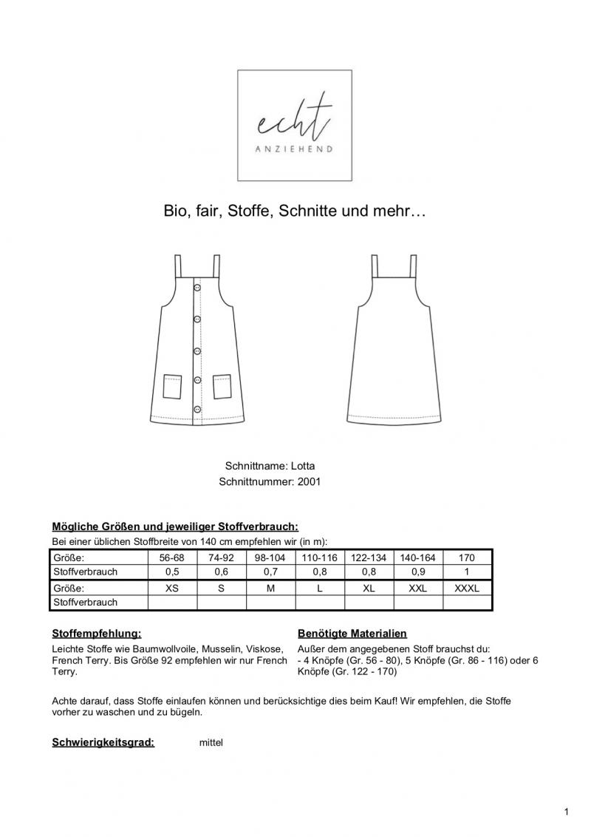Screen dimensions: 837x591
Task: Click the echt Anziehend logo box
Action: point(294,125)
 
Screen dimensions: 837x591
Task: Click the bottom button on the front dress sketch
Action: point(197,408)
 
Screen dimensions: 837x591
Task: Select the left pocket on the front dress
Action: point(172,387)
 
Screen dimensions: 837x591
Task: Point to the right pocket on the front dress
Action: point(222,387)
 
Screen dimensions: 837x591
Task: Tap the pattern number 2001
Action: point(309,482)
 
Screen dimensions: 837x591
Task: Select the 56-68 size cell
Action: point(172,558)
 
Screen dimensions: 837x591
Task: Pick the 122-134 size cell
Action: point(369,558)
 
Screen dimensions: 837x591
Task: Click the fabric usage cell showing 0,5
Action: point(172,572)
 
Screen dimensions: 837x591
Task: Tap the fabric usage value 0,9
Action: point(417,572)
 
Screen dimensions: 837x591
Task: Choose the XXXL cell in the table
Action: point(467,589)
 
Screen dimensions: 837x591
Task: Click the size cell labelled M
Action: point(270,589)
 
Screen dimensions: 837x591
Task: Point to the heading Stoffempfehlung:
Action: point(96,634)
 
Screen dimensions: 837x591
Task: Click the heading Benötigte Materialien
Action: point(352,634)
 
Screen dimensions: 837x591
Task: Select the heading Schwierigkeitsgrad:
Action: point(103,742)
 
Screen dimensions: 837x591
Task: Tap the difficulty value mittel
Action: point(211,743)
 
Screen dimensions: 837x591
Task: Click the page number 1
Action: point(566,813)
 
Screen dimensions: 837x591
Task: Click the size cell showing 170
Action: point(467,558)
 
